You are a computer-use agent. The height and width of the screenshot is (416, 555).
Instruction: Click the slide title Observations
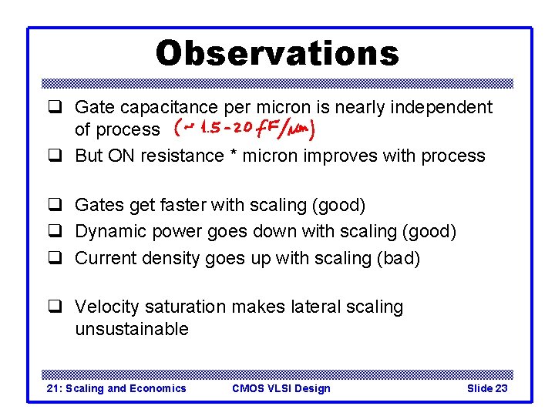277,53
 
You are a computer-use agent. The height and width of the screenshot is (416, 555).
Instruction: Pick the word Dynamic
107,231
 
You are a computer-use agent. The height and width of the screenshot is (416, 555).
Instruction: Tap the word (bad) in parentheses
398,258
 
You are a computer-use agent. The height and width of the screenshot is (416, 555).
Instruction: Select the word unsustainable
131,329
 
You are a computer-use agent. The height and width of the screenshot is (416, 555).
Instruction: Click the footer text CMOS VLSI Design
281,388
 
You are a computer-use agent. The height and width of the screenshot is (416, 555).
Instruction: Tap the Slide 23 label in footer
486,388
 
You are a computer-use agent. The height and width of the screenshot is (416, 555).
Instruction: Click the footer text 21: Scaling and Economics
116,388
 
